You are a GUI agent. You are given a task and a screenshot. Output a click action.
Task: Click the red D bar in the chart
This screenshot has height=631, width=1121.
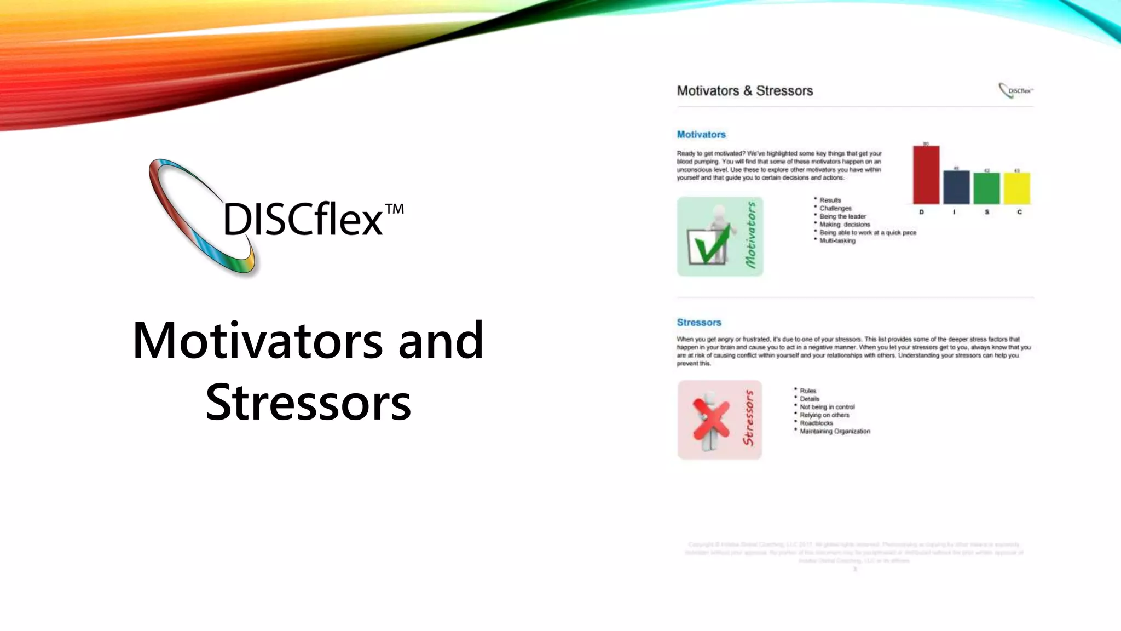[926, 175]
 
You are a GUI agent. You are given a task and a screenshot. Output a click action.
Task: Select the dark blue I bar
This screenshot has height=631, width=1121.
[956, 187]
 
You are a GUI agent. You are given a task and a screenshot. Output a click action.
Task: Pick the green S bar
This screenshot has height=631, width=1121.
[986, 188]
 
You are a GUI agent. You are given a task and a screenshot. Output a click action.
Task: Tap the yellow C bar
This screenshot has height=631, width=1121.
[1017, 188]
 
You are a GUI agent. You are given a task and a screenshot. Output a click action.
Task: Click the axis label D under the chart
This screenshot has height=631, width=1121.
[921, 212]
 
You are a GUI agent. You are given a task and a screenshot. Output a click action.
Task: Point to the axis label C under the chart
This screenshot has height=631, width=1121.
[1019, 212]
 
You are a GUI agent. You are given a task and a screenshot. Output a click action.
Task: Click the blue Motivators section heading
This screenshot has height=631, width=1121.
[701, 135]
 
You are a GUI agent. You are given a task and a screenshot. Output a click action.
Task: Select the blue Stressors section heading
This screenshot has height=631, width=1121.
[699, 323]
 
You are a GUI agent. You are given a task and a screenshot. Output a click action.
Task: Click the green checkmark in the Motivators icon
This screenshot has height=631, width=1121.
[711, 245]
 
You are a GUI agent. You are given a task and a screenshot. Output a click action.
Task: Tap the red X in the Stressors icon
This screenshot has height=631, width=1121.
[711, 419]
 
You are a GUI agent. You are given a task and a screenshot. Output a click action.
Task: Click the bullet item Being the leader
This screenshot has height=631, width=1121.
[842, 216]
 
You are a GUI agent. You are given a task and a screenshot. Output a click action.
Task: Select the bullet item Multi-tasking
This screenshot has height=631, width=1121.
[837, 240]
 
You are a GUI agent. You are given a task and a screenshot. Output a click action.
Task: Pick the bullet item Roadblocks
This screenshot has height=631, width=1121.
[816, 423]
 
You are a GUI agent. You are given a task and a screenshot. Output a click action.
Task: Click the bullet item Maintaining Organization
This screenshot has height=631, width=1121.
[835, 431]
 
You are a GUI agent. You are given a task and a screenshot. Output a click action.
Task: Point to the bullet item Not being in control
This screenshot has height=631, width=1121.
[827, 407]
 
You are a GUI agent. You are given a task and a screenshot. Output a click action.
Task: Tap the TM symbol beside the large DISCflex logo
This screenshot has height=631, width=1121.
[394, 209]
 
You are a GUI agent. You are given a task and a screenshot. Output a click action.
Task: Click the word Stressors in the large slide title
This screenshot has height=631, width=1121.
[308, 403]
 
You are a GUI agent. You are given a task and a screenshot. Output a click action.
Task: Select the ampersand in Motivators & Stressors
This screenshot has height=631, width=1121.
[748, 91]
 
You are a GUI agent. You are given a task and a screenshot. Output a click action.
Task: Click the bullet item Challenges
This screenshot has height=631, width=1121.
[835, 208]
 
